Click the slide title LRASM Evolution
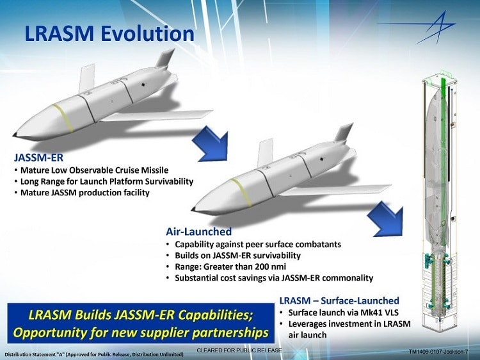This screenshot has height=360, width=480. point(109,33)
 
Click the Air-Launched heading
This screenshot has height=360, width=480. point(198,231)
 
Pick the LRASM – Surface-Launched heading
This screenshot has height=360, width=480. point(339,300)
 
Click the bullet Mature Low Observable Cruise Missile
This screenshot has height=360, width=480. point(94,170)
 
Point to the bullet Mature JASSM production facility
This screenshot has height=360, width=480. point(84,192)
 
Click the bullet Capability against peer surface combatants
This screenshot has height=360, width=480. point(253,244)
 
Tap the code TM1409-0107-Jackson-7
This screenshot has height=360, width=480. point(438,352)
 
